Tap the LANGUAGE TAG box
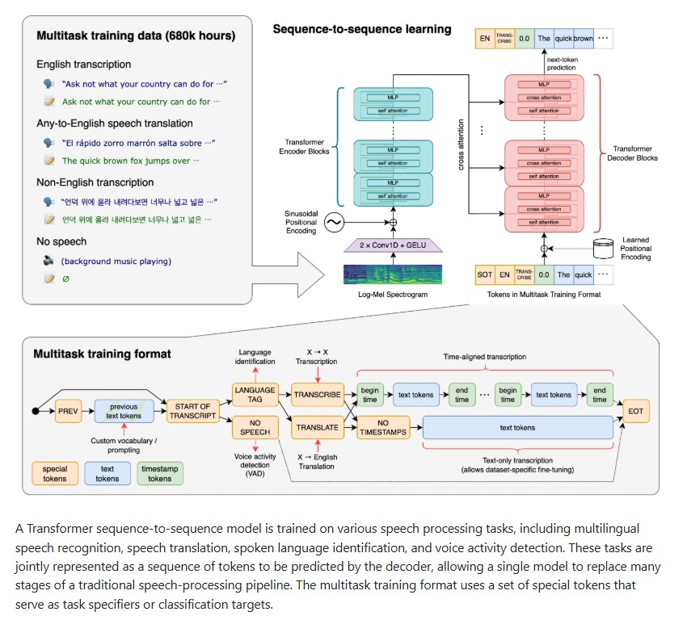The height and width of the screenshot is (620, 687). coord(255,394)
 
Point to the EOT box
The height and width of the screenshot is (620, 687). coord(635,411)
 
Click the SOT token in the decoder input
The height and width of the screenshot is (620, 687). coord(484,274)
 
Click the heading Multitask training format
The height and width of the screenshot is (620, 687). coord(102,354)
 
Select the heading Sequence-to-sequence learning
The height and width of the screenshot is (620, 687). coord(362,29)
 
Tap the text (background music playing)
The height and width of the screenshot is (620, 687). coord(116,262)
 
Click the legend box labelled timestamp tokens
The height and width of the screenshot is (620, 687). coord(160,473)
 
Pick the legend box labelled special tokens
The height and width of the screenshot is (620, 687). coord(55,473)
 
